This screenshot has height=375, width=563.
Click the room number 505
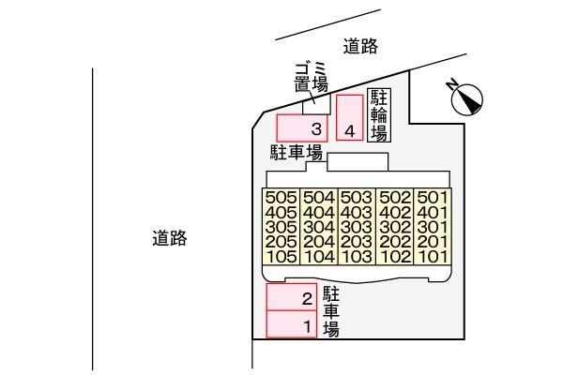click(x=281, y=198)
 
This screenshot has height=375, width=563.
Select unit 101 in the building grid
click(x=432, y=256)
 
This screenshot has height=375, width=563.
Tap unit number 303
click(x=357, y=227)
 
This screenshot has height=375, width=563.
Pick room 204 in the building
click(x=319, y=242)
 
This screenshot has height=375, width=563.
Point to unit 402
click(x=394, y=213)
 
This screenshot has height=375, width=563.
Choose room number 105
click(x=281, y=256)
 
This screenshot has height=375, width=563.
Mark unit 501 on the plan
click(x=432, y=198)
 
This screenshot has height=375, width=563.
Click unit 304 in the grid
click(x=319, y=227)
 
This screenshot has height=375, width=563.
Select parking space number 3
click(x=300, y=127)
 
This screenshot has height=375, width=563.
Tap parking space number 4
click(x=349, y=119)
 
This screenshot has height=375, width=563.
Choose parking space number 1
click(x=292, y=324)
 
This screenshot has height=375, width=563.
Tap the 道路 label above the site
click(x=361, y=45)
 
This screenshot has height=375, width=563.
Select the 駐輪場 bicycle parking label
click(x=379, y=114)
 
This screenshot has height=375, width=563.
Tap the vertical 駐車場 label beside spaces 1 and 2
click(x=330, y=310)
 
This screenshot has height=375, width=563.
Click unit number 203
click(x=357, y=242)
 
